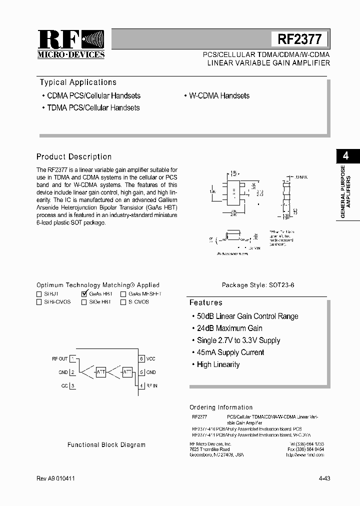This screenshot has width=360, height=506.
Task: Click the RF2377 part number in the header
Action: [299, 39]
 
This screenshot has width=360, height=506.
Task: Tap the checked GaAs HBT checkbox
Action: [84, 294]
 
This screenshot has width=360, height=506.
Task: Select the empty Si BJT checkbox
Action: [39, 294]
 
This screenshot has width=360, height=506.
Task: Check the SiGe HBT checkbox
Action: [84, 302]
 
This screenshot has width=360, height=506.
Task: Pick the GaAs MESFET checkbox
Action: [123, 294]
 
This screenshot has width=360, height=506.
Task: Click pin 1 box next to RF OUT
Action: [73, 358]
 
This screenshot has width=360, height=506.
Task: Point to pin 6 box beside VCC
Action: [142, 358]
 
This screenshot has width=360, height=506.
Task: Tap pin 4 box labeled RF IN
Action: [142, 385]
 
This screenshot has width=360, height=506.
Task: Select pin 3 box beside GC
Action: [73, 385]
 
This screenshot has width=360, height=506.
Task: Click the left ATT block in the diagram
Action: [100, 372]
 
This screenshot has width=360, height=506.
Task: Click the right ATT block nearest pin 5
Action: [127, 372]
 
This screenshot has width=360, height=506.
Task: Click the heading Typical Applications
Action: [78, 82]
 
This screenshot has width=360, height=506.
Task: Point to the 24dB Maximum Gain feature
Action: [229, 328]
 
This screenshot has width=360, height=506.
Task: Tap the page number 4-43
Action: [324, 478]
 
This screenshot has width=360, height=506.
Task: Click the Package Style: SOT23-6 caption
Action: [258, 285]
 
